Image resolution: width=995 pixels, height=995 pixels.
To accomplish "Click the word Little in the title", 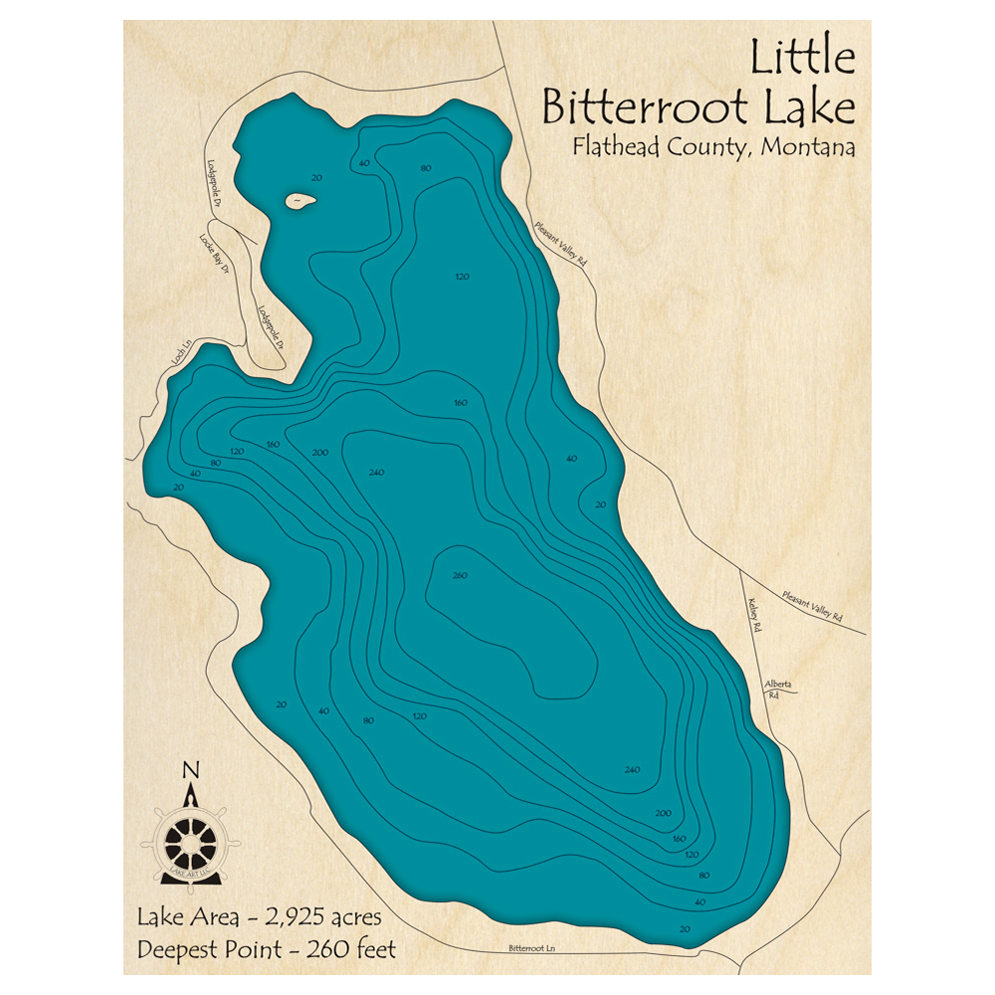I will coord(802,60).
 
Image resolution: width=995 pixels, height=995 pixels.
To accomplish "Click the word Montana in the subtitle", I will coord(807,147).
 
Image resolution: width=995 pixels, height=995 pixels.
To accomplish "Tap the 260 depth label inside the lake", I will coord(459,576).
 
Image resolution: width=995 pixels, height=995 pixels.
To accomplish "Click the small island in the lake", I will coord(299,201).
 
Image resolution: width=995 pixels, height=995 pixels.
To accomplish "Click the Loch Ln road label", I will coord(179,355).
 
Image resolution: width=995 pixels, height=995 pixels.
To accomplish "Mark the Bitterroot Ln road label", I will coord(528,948).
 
